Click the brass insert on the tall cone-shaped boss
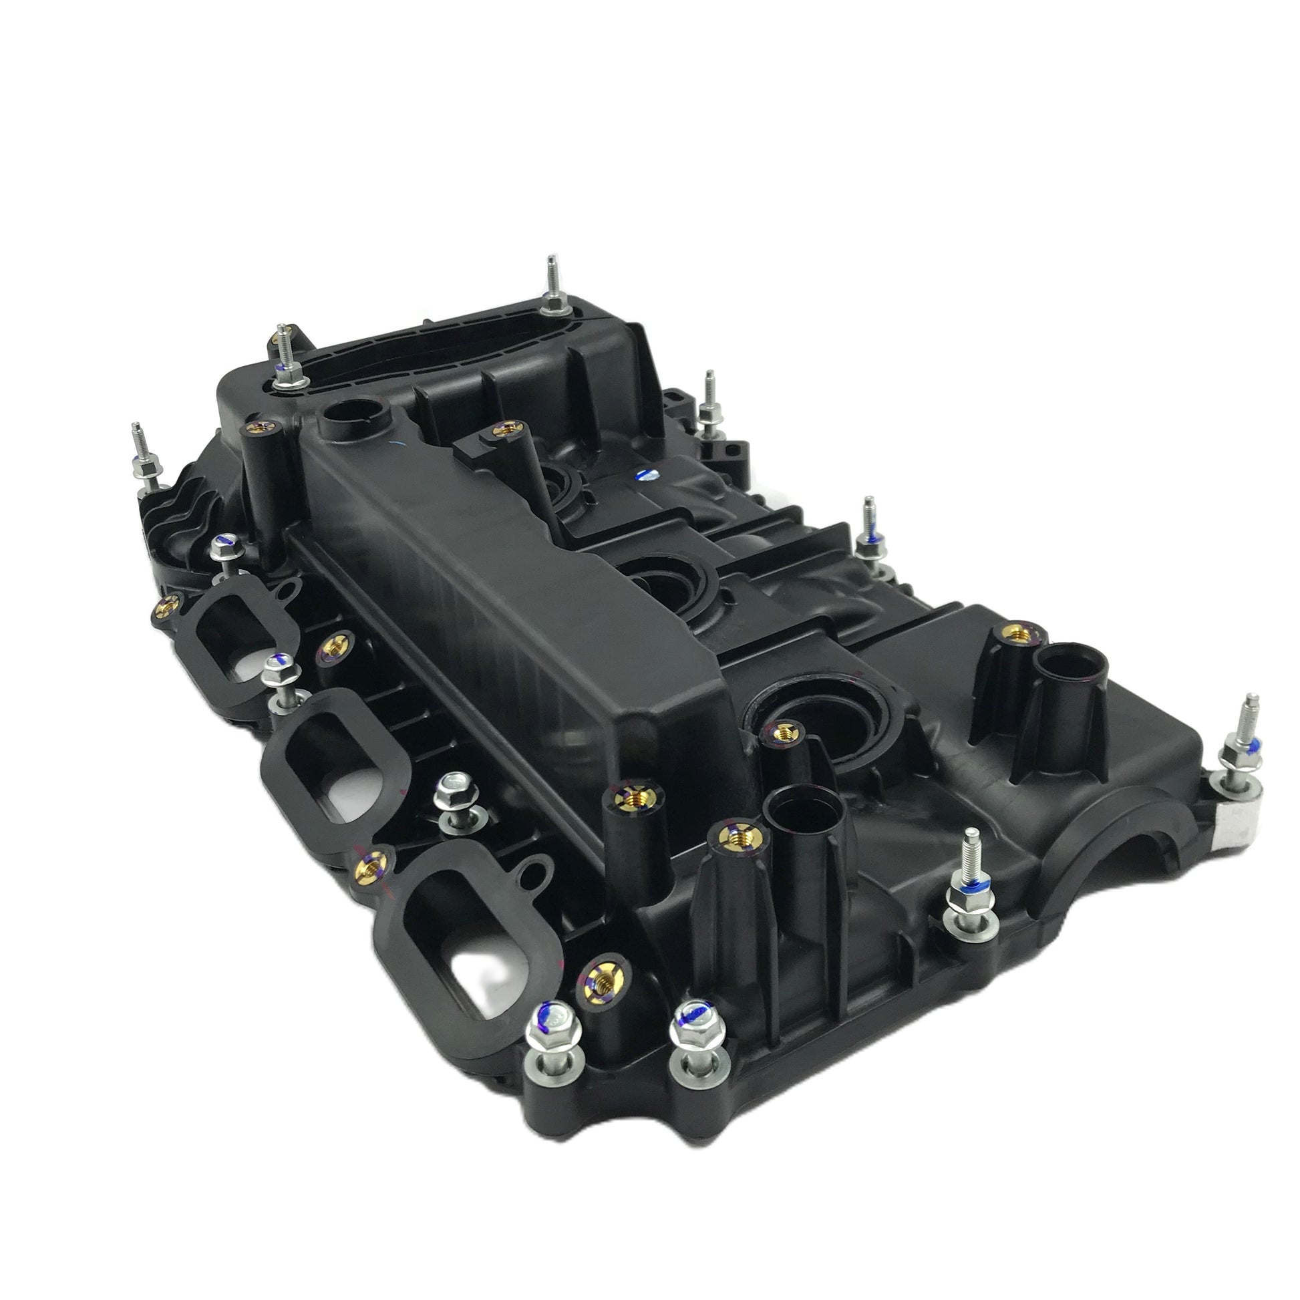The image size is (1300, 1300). [x=1016, y=635]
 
